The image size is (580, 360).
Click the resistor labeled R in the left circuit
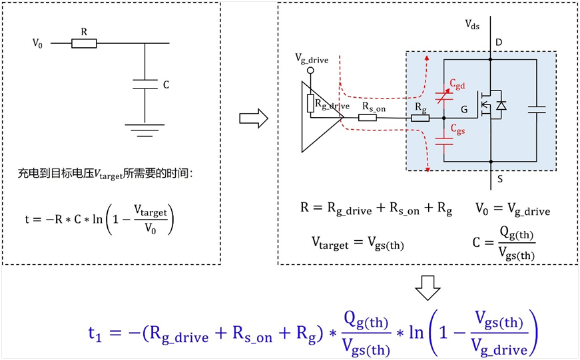point(84,44)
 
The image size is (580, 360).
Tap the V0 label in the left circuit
point(38,44)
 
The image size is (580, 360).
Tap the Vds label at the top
point(472,24)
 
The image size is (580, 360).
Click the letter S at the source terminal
point(499,178)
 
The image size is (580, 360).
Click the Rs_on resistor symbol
point(368,118)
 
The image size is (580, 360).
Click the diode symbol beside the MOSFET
point(501,106)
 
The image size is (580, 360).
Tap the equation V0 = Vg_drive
point(513,210)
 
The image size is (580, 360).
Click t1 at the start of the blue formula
point(98,333)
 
